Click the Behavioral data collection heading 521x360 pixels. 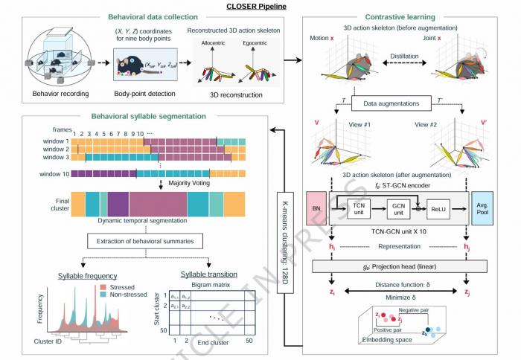153,16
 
